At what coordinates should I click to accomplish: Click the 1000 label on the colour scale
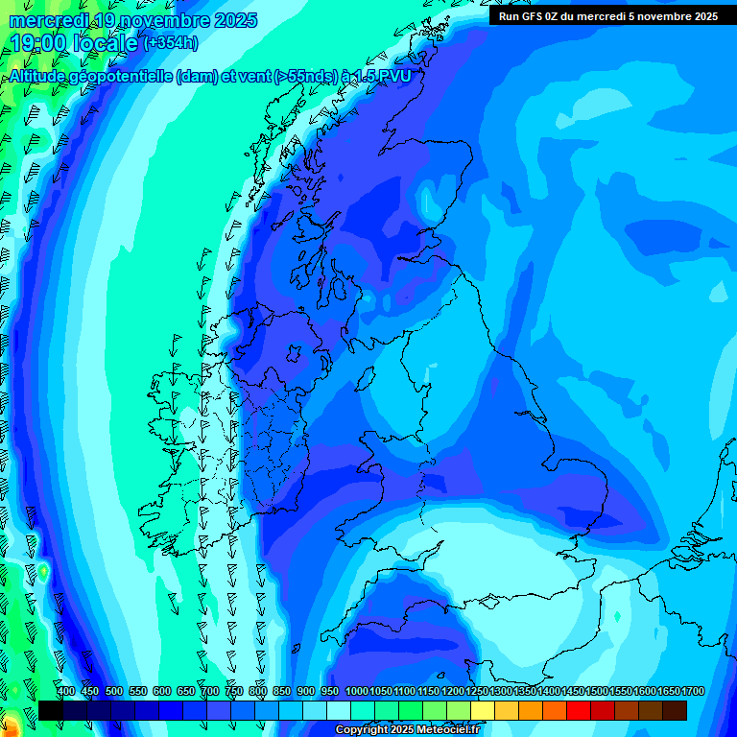tap(357, 692)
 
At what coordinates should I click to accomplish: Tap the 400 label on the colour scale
tap(66, 692)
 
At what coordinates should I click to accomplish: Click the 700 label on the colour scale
tap(210, 692)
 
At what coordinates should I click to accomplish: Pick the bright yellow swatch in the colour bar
tap(483, 710)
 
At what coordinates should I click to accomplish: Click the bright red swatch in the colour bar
tap(579, 710)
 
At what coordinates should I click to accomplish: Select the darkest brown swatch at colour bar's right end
tap(675, 710)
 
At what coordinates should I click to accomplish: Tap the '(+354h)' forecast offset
tap(170, 43)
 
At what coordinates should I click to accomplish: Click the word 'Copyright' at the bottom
tap(363, 730)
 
